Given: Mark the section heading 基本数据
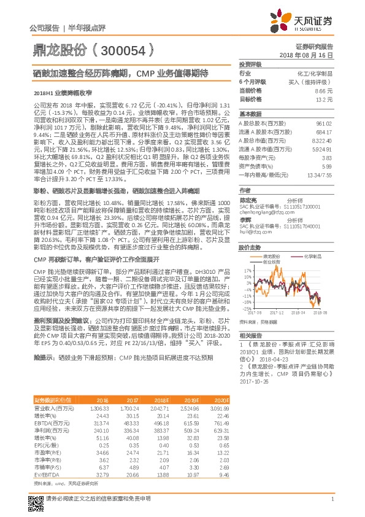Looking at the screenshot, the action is [x=250, y=114].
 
